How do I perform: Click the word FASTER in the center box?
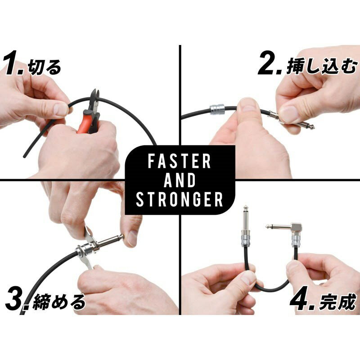[x=180, y=162]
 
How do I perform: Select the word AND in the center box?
[x=180, y=180]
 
